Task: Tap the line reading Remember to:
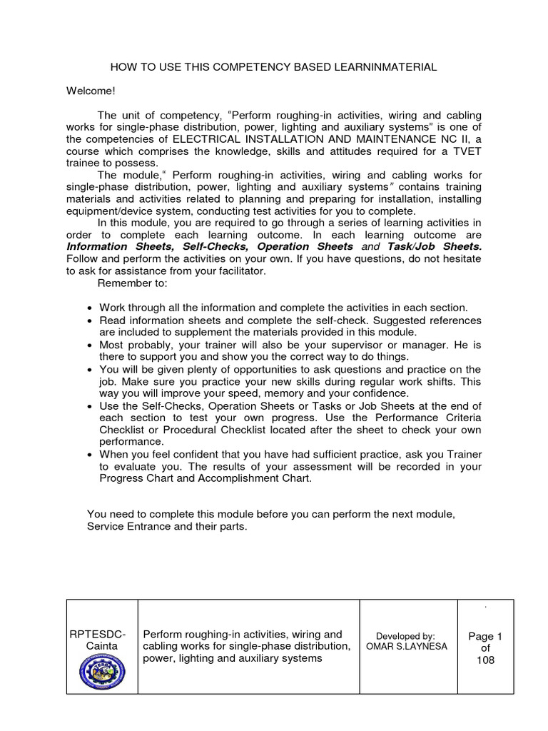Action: pyautogui.click(x=132, y=283)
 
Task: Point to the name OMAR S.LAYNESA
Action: pyautogui.click(x=405, y=647)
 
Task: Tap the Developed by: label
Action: pyautogui.click(x=405, y=636)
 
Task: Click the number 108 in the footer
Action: pyautogui.click(x=485, y=660)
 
